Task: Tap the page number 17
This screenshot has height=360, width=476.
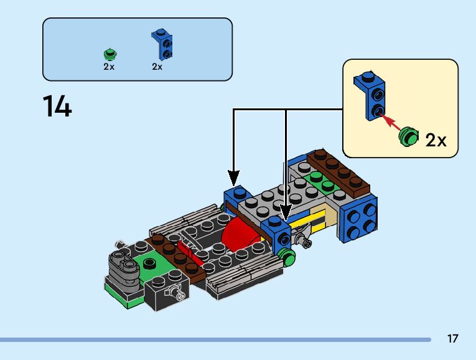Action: tap(452, 339)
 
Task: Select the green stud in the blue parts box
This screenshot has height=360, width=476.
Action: tap(110, 54)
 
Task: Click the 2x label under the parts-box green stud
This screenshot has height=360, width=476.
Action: tap(109, 67)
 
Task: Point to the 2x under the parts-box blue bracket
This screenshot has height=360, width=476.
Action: tap(157, 67)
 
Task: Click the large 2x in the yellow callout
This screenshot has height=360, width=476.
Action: tap(436, 140)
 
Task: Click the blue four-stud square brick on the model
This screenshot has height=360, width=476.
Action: tap(360, 216)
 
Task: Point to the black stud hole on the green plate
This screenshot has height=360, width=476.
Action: tap(149, 263)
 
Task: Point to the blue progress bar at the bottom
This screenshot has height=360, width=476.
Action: tap(215, 339)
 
